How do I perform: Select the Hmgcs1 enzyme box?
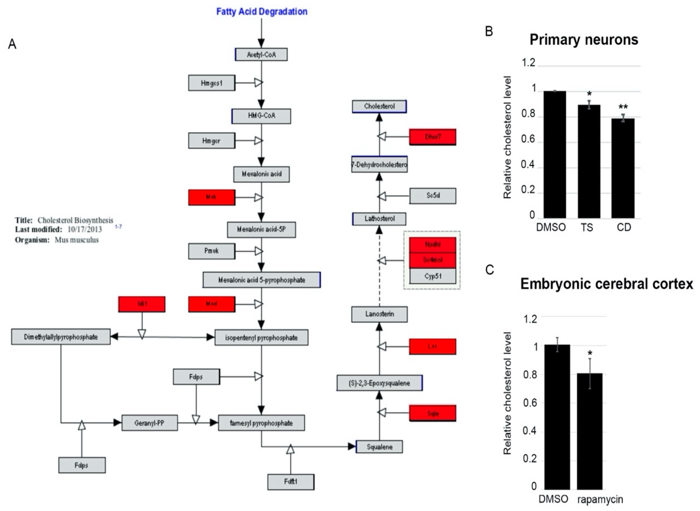tap(212, 83)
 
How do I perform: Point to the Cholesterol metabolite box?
tap(379, 106)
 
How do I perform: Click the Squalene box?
tap(379, 447)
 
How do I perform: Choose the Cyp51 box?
tap(433, 276)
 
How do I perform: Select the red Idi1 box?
tap(142, 304)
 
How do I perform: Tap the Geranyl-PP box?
tap(150, 423)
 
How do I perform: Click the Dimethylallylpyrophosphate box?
tap(61, 337)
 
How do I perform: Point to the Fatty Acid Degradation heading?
tap(262, 12)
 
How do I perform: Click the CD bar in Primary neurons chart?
tap(623, 168)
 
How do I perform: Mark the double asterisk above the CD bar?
tap(623, 107)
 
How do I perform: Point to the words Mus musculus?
tap(77, 240)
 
